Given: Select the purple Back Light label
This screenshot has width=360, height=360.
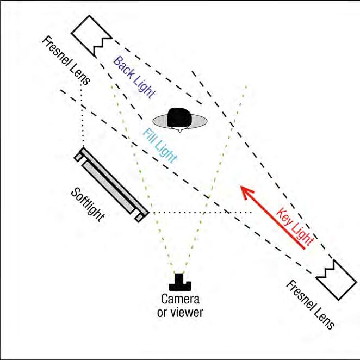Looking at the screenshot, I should coord(134,77).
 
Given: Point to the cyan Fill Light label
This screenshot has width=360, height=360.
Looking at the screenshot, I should coord(160,145).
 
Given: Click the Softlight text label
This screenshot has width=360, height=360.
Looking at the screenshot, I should coord(88,204).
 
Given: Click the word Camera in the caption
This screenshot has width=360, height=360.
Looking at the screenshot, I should coord(179,300).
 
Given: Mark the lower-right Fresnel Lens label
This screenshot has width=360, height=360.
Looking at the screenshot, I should coord(310,305).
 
